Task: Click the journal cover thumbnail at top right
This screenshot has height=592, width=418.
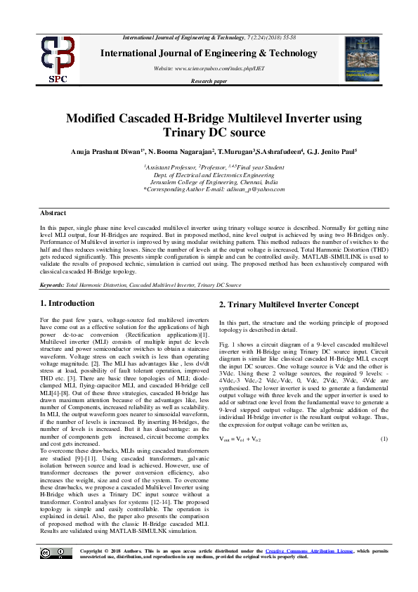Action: click(x=361, y=58)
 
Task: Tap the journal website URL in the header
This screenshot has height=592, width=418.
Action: click(x=209, y=67)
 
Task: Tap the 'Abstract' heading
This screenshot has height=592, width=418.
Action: click(x=53, y=212)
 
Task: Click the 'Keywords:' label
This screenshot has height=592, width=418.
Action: click(x=52, y=285)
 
